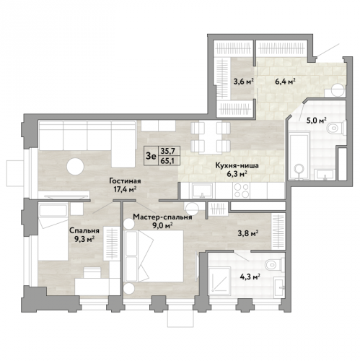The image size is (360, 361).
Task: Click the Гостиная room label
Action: click(x=125, y=180)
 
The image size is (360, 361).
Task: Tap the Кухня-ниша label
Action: click(x=237, y=165)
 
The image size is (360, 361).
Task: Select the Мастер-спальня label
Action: click(x=162, y=217)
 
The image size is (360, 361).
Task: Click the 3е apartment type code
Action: click(x=151, y=156)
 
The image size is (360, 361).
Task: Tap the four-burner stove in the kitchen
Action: click(x=242, y=191)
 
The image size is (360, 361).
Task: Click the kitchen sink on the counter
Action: click(x=203, y=191)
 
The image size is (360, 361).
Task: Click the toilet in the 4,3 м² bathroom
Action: click(x=275, y=265)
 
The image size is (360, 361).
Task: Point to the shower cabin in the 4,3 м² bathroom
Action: click(x=219, y=280)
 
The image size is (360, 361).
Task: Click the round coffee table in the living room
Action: click(x=75, y=166)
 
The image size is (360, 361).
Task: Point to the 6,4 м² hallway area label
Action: click(x=285, y=82)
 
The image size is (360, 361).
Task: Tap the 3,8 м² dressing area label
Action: click(x=248, y=232)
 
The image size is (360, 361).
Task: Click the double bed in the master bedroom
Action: click(x=154, y=256)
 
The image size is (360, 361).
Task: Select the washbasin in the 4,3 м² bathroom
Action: click(x=280, y=287)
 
